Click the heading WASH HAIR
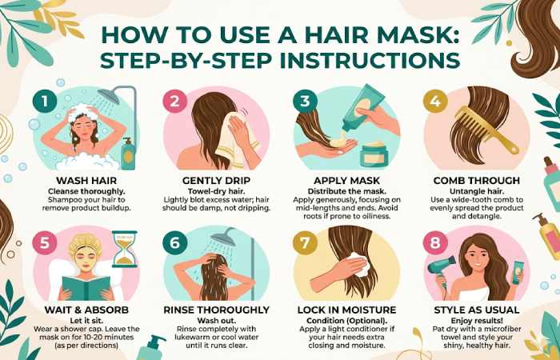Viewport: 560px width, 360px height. coord(86,180)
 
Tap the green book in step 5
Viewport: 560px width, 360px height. coord(86,288)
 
